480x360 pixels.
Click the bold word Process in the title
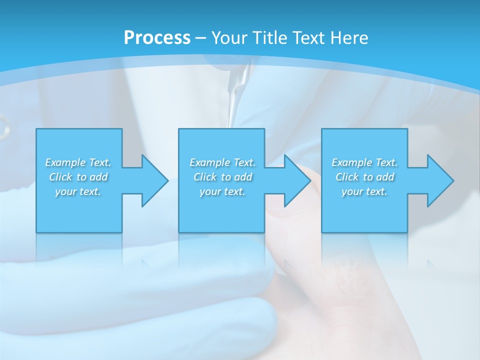157,37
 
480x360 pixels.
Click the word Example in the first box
65,162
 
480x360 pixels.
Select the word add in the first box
98,177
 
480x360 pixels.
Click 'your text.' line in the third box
364,191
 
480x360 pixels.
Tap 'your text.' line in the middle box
222,191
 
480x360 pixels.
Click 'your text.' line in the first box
78,191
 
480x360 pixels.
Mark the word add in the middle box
243,177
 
